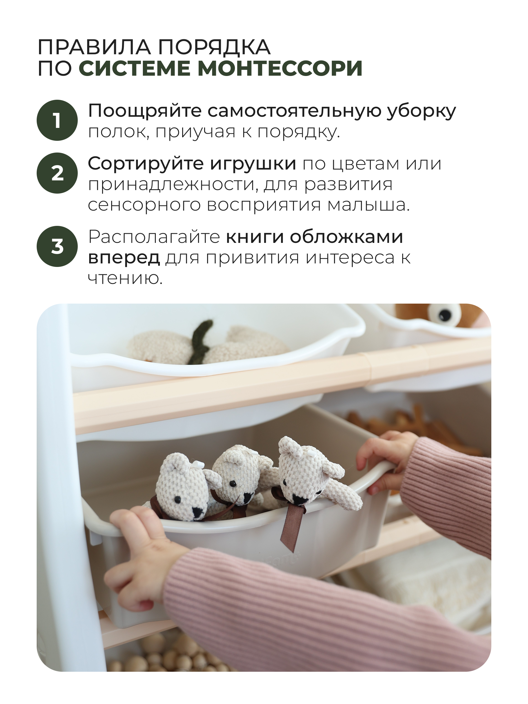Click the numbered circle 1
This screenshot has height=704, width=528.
(x=57, y=120)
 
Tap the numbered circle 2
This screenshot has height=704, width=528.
(x=57, y=173)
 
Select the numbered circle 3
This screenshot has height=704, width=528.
(x=57, y=247)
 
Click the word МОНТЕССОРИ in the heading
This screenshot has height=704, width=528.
(x=280, y=68)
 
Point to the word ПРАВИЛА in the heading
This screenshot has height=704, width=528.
(x=94, y=48)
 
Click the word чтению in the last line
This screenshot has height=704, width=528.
(x=125, y=278)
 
